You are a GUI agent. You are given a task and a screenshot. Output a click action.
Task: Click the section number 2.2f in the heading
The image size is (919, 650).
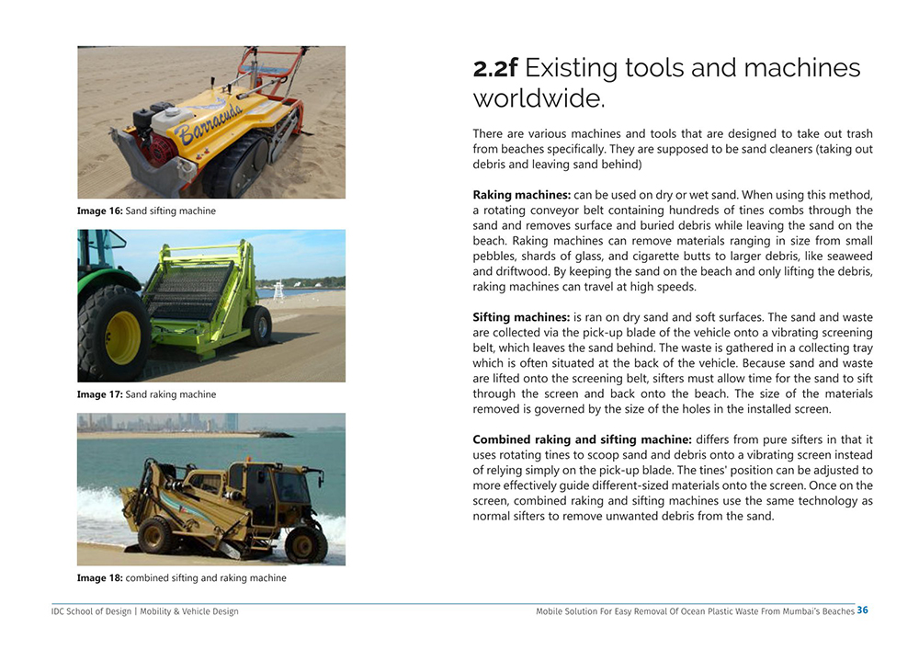pos(495,68)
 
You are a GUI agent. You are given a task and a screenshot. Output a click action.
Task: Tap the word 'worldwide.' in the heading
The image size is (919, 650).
pos(539,98)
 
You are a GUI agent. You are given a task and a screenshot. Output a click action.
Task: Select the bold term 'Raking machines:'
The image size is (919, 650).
pos(521,195)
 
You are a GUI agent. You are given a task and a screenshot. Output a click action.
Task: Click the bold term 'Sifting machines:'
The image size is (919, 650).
pos(521,317)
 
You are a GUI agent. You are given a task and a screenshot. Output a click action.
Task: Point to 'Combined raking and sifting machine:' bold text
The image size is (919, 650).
pos(582,439)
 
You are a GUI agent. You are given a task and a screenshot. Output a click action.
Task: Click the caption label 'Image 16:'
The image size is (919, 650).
pos(99,211)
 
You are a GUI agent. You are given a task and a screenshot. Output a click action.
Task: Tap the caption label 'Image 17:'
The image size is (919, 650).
pos(99,395)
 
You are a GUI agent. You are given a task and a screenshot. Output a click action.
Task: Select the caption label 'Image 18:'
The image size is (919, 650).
pos(99,578)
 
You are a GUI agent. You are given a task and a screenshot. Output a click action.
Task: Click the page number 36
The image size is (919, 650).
pos(862,610)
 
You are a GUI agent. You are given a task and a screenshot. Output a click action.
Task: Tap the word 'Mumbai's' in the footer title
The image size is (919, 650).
pos(784,611)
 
